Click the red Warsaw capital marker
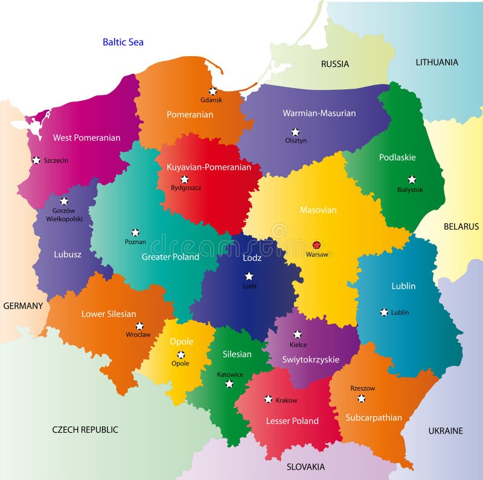[x=316, y=245]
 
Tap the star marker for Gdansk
[x=213, y=91]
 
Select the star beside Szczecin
[x=36, y=160]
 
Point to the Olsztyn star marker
[x=295, y=132]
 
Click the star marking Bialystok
[x=412, y=179]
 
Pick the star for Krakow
[x=268, y=399]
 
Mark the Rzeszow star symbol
[x=361, y=398]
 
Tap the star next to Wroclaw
[x=139, y=325]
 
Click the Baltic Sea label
[x=123, y=42]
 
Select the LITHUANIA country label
[x=437, y=62]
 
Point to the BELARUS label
[x=461, y=226]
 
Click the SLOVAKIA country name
[x=305, y=467]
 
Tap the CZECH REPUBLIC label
[x=85, y=430]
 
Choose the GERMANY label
[x=23, y=306]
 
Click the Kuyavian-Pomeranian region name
[x=209, y=167]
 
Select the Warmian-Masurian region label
[x=319, y=113]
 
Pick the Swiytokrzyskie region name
[x=311, y=360]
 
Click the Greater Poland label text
[x=170, y=257]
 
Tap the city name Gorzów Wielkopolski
[x=64, y=215]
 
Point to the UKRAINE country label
[x=446, y=430]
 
